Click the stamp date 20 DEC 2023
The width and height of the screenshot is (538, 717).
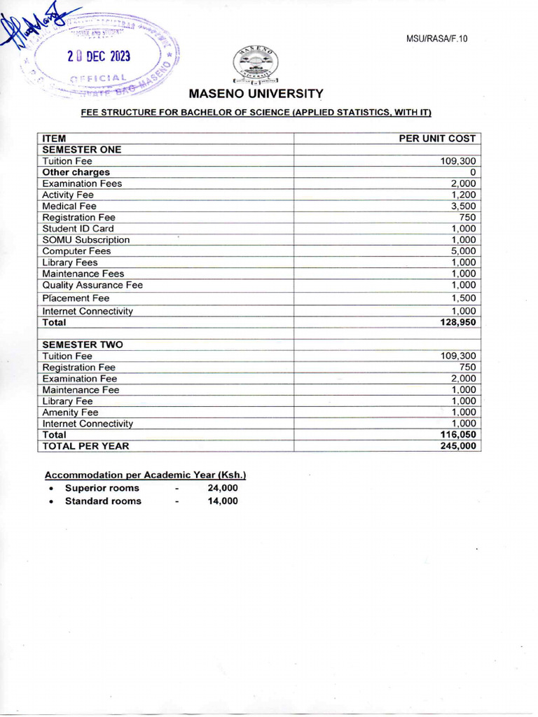99,57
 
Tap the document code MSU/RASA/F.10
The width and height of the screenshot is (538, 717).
436,39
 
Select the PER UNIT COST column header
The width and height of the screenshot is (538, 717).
437,139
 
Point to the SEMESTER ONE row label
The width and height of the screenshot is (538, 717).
81,150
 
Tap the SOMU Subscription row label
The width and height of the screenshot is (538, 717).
85,239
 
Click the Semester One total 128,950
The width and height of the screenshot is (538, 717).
458,322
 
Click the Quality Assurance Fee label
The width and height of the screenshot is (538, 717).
92,285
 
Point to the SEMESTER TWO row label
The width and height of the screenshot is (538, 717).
82,344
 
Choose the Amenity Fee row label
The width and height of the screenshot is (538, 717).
70,412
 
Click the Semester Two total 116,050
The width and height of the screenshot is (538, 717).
458,435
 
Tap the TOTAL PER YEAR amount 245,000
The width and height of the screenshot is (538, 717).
458,445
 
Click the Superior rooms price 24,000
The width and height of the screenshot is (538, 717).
223,488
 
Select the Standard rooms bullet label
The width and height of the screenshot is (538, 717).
103,501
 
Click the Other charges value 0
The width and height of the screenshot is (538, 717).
473,172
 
